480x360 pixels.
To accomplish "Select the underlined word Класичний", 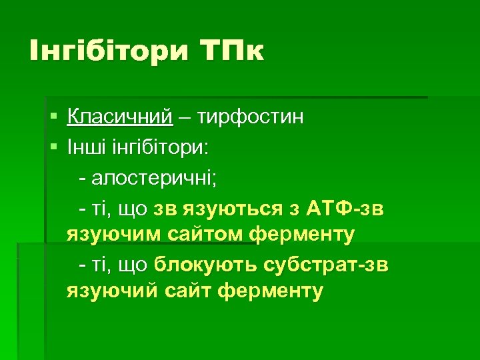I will [120, 117].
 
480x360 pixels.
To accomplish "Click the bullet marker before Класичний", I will [53, 117].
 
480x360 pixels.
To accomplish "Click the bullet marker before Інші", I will [53, 147].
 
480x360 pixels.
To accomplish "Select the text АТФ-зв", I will [345, 209].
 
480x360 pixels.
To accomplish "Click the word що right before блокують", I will [134, 265].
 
